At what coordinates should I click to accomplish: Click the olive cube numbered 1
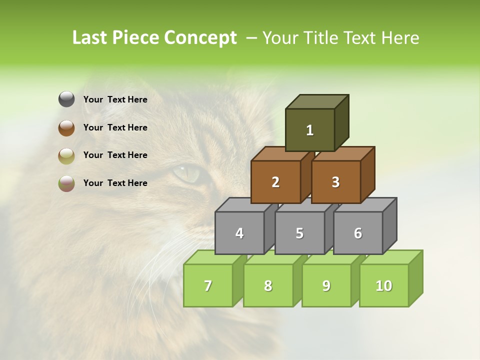310,130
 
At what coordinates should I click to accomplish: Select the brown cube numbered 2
275,182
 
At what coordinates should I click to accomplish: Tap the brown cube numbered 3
335,182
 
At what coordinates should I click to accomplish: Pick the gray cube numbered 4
239,233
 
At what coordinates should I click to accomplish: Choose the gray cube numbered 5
299,233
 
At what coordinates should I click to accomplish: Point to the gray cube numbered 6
358,233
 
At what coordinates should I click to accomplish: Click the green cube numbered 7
208,285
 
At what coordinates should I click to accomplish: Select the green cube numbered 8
268,285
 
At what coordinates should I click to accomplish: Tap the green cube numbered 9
326,285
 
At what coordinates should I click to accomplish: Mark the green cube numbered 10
384,285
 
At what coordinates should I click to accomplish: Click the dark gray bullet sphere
66,99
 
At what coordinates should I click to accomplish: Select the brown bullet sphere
66,127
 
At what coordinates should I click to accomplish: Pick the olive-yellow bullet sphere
66,155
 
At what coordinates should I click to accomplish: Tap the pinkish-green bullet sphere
66,183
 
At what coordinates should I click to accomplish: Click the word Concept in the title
200,38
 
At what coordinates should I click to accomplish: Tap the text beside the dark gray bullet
115,99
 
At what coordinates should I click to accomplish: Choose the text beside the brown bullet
115,127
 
